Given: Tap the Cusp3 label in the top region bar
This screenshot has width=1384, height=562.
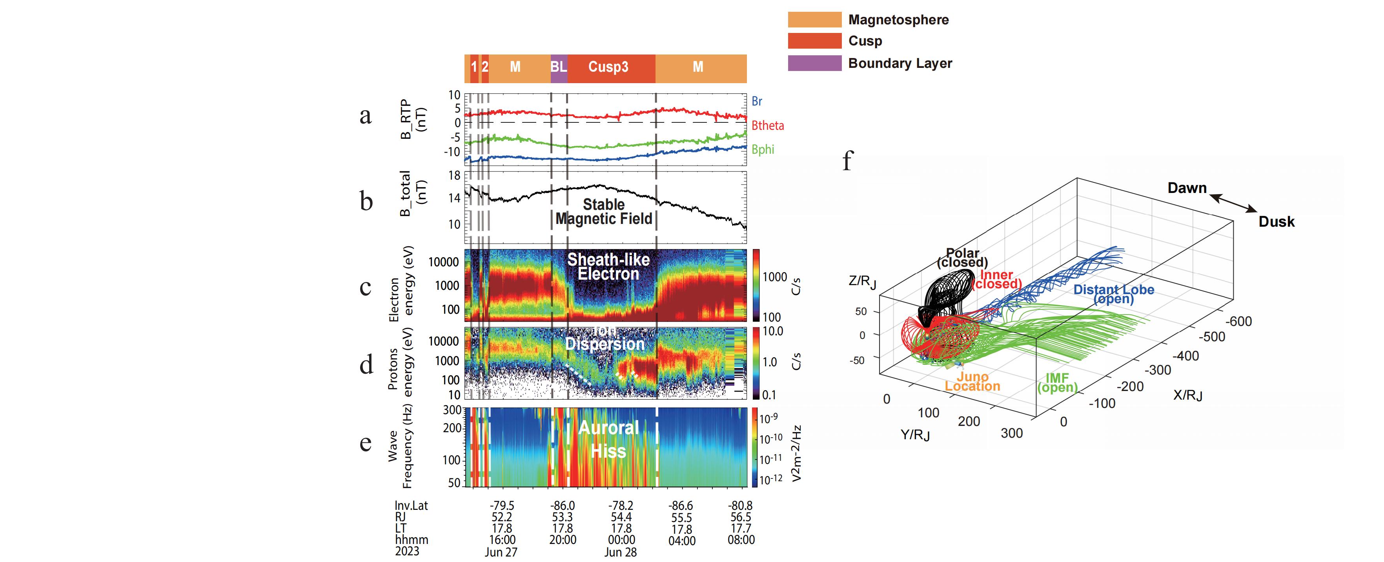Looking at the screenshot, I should (608, 67).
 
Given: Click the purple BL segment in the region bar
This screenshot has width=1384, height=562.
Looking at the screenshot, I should (559, 67).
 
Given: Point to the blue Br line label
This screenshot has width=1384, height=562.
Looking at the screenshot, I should (756, 101).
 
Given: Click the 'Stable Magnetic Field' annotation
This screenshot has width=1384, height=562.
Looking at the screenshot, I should (604, 212).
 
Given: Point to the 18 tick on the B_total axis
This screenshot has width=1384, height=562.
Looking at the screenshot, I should (455, 175).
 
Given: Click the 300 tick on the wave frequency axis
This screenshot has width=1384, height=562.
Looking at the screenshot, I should (452, 410).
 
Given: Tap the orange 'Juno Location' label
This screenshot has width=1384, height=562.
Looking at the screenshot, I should (972, 382).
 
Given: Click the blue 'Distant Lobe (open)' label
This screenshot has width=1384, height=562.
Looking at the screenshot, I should (1114, 294).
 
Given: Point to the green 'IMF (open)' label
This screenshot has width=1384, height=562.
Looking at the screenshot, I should (1057, 382).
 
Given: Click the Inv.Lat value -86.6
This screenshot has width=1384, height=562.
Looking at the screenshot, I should (681, 506).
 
